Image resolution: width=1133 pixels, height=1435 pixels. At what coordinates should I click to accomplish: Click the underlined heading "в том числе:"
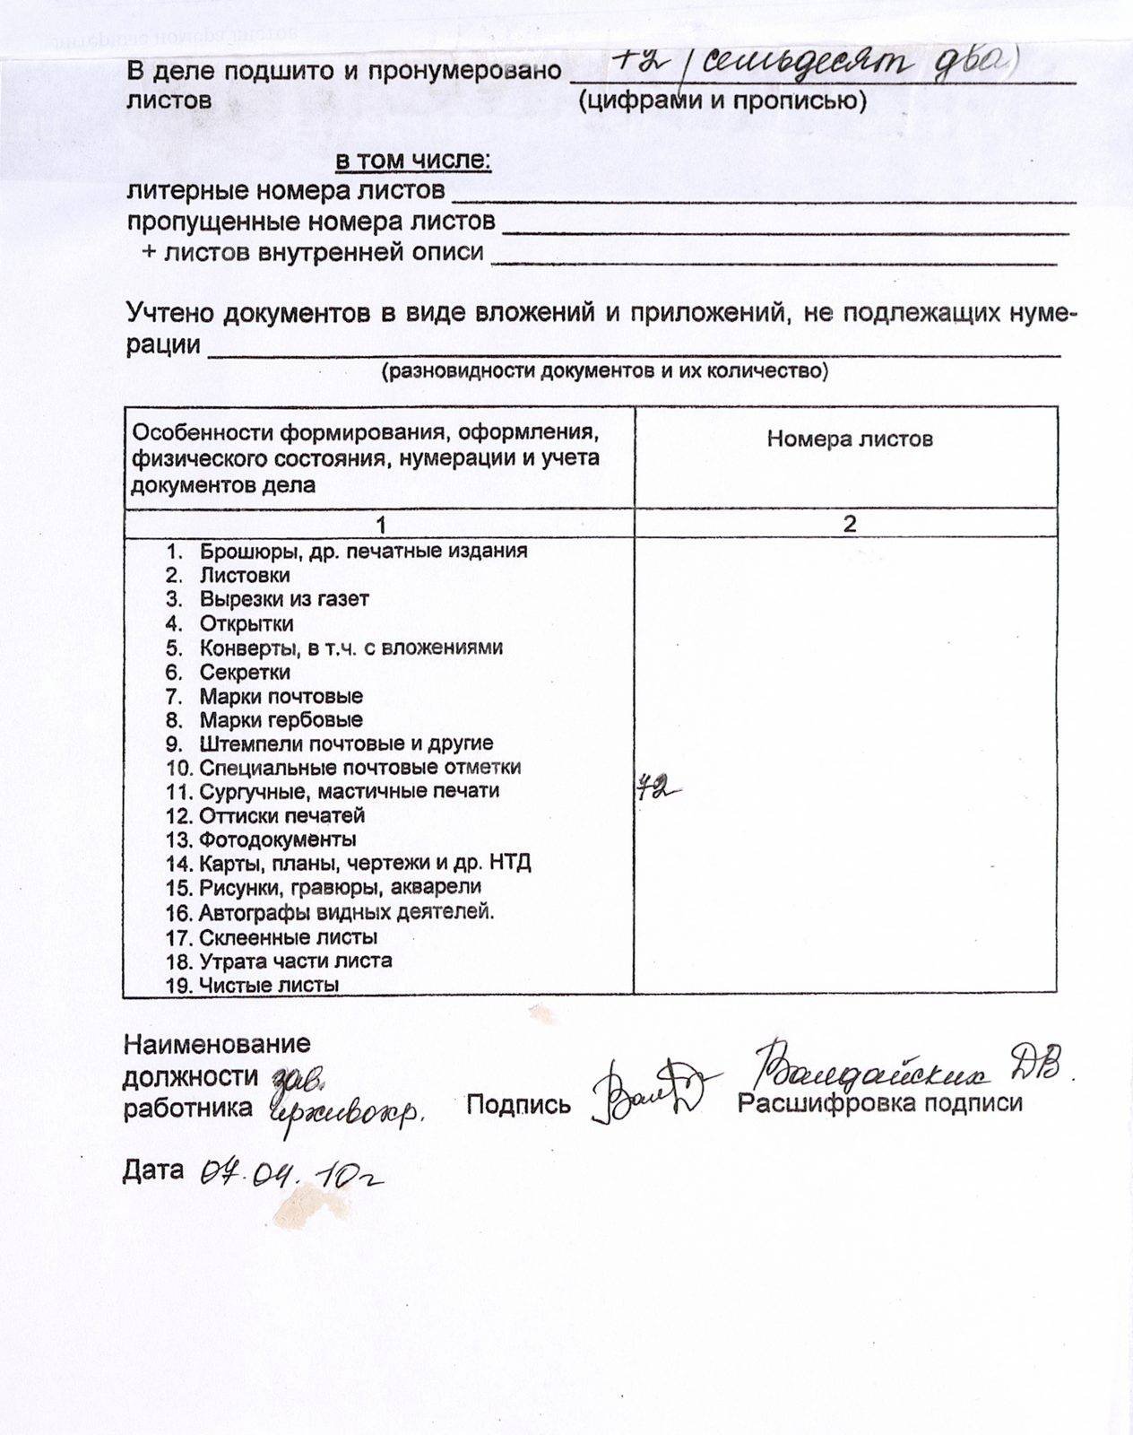(413, 161)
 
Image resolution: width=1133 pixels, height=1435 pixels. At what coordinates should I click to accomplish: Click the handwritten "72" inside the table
(656, 788)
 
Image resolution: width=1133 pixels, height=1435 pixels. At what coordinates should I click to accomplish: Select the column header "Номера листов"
(850, 439)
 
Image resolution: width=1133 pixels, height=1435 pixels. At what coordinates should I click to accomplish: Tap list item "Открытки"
(246, 623)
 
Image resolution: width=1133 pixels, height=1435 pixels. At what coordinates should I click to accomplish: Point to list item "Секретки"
(245, 672)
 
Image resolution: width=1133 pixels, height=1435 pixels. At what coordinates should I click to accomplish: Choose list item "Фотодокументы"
(278, 839)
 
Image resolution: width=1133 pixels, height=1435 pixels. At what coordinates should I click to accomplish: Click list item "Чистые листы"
(269, 985)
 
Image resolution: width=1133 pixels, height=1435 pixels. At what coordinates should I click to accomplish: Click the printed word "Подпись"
(518, 1104)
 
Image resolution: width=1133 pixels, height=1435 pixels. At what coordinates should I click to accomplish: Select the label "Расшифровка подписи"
(879, 1102)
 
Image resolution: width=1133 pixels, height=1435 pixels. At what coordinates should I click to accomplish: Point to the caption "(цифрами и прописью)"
(722, 101)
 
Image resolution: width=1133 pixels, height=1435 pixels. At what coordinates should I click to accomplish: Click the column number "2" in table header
(850, 524)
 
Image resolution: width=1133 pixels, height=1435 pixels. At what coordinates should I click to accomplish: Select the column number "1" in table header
(381, 525)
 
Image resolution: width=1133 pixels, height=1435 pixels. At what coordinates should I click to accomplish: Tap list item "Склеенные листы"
(288, 937)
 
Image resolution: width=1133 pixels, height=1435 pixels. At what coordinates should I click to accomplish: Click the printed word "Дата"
(153, 1170)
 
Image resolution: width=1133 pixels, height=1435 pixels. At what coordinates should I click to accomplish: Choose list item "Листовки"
(245, 575)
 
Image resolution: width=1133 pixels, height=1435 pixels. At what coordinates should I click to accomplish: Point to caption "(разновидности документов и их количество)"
(605, 371)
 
